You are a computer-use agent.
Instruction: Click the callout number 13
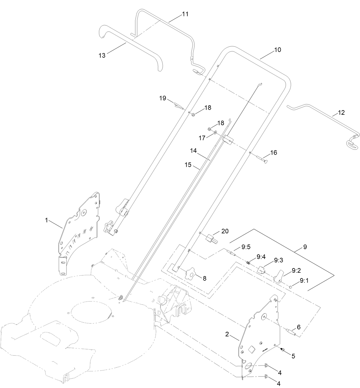(x=102, y=56)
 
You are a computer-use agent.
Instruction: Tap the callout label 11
(x=185, y=14)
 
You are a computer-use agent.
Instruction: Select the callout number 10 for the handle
(x=278, y=50)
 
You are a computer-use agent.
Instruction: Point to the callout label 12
(x=341, y=112)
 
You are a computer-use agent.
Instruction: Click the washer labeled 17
(x=215, y=132)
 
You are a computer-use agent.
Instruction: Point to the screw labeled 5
(x=282, y=349)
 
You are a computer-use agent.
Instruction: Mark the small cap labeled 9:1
(x=291, y=286)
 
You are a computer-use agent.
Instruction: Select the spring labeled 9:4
(x=249, y=262)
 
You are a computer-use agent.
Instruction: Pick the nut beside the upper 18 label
(x=193, y=114)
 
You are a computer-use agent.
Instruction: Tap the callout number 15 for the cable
(x=188, y=165)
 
